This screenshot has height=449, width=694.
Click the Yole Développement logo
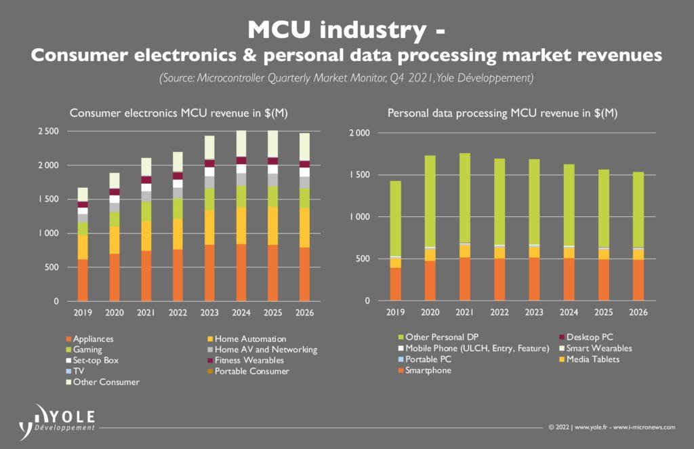58,419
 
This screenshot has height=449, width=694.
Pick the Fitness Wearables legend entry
248,360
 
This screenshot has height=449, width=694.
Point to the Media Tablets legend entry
592,359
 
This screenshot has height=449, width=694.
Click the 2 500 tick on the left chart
48,131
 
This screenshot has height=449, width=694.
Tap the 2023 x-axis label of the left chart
208,313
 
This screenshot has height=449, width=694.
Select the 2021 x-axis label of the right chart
464,313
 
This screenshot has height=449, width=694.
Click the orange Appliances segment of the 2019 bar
83,279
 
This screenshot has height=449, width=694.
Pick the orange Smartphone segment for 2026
637,279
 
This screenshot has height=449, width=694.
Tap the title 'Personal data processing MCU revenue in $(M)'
502,113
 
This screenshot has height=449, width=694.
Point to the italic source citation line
346,79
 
